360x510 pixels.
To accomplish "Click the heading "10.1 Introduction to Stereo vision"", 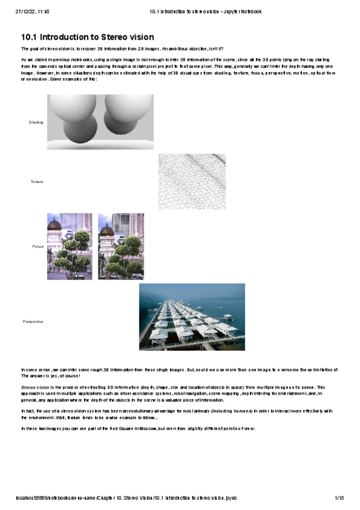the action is [x=87, y=37].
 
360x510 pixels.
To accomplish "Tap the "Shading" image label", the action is [x=36, y=122].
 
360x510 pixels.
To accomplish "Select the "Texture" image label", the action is [x=37, y=181].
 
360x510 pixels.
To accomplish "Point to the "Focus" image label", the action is [x=38, y=247].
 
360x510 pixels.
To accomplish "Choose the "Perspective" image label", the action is [x=33, y=322].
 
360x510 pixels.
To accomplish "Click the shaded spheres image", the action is [x=100, y=121].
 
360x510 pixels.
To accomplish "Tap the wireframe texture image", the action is [x=192, y=181].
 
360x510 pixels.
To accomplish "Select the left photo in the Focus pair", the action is [x=70, y=246].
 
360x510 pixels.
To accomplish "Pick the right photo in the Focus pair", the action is [x=121, y=246].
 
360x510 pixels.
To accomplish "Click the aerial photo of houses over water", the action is [x=192, y=317].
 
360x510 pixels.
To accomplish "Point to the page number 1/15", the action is [x=339, y=499].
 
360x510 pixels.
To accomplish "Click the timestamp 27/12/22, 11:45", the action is [x=32, y=11].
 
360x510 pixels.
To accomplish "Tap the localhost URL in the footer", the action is [x=127, y=499].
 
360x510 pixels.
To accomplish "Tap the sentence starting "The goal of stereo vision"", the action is [x=122, y=49].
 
